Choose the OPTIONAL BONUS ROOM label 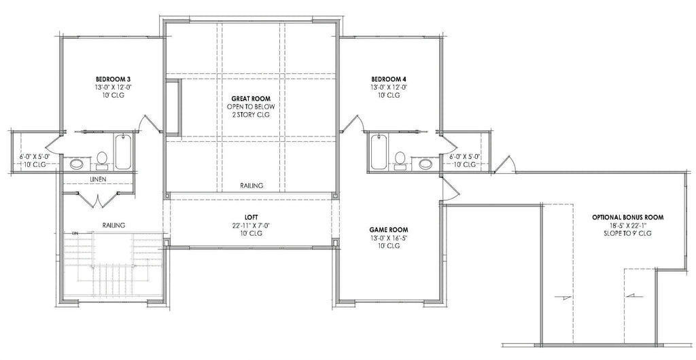pyautogui.click(x=627, y=217)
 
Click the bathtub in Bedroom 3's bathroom pyautogui.click(x=123, y=152)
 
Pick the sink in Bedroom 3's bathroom pyautogui.click(x=77, y=163)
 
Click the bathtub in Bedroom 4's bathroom pyautogui.click(x=378, y=152)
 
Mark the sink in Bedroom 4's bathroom pyautogui.click(x=425, y=163)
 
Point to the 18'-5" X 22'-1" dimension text pyautogui.click(x=627, y=226)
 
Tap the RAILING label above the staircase pyautogui.click(x=113, y=225)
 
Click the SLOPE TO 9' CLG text pyautogui.click(x=627, y=234)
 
